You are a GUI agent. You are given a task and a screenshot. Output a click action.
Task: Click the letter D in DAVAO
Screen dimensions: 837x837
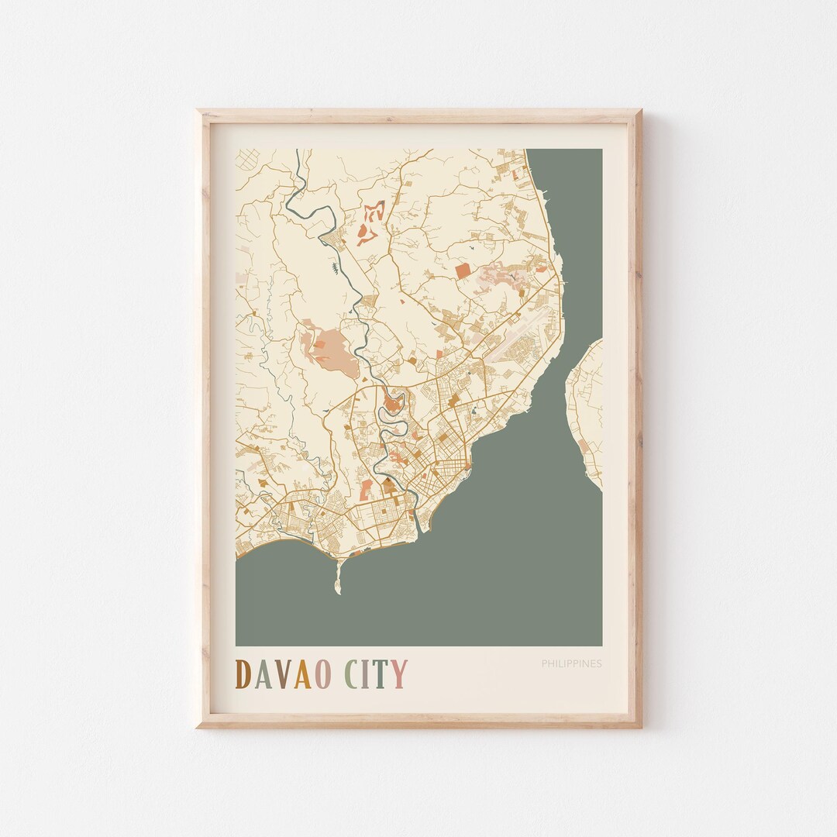click(x=243, y=674)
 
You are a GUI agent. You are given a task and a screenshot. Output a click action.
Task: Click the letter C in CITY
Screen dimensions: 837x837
click(x=353, y=674)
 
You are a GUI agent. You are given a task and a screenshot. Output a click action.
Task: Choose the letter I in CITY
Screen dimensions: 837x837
click(x=368, y=674)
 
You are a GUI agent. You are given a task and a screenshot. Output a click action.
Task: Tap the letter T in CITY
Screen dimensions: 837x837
click(x=382, y=674)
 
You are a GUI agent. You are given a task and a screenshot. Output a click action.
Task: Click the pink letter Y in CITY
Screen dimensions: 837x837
click(x=399, y=674)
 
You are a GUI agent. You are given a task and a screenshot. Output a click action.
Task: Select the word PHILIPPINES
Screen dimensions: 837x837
click(x=571, y=663)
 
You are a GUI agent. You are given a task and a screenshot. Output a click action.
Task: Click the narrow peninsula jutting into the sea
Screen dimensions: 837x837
click(x=338, y=577)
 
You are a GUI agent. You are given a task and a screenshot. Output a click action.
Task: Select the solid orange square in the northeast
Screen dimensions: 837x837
click(x=462, y=270)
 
